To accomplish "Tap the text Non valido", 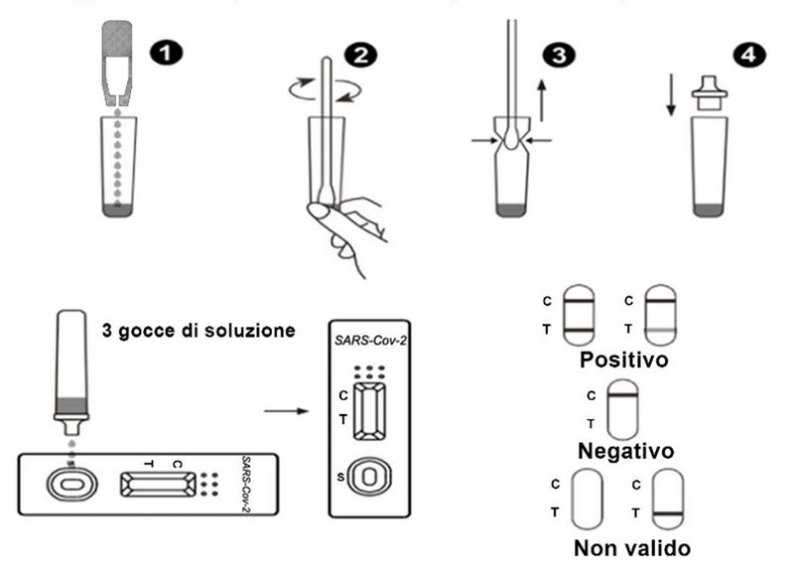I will click(632, 546).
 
